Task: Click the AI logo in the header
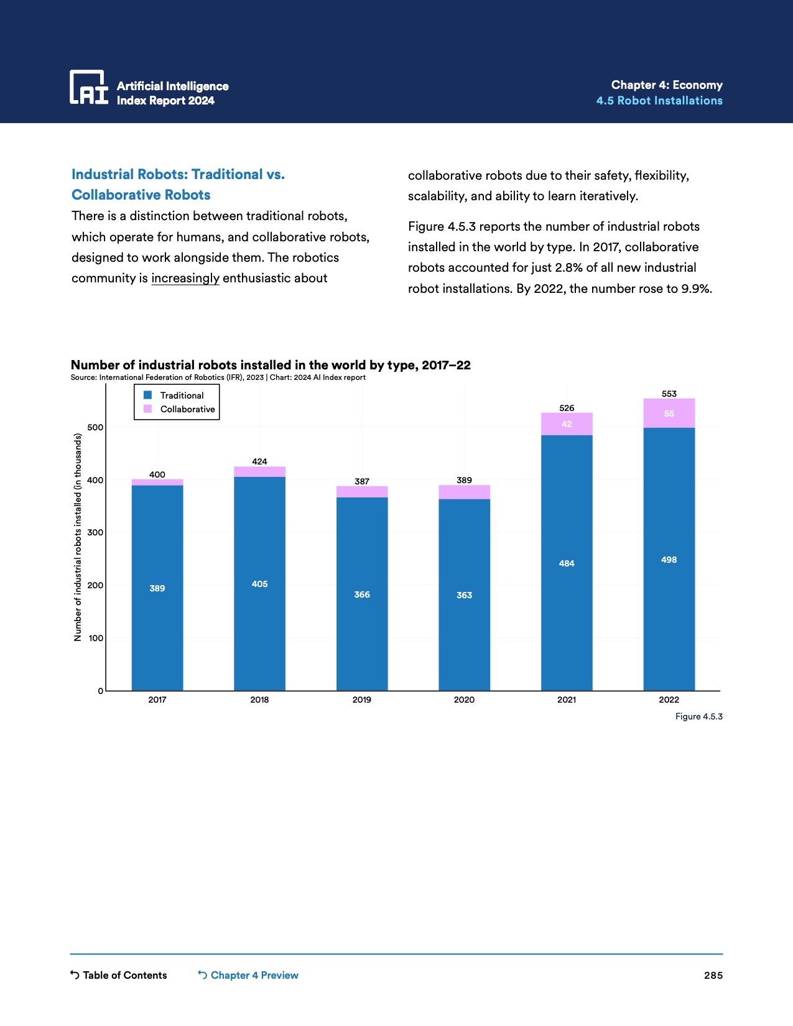point(88,87)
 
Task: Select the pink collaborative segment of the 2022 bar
point(669,414)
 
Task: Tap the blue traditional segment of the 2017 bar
point(157,588)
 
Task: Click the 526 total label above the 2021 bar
point(567,408)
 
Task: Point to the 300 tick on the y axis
point(95,532)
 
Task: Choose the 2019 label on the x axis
point(362,700)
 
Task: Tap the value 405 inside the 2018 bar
point(259,584)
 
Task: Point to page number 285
point(713,975)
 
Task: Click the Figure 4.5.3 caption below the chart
point(699,716)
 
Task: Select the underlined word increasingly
point(185,278)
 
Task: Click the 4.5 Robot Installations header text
point(659,101)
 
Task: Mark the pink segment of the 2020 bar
point(464,492)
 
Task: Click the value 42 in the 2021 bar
point(567,424)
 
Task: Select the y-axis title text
point(78,537)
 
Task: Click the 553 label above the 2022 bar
point(669,394)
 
